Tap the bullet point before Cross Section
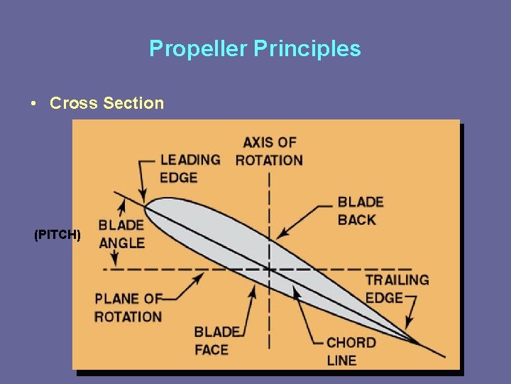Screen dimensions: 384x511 (x=33, y=103)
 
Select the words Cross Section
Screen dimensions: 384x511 (x=106, y=103)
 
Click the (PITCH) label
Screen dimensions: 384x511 (x=57, y=234)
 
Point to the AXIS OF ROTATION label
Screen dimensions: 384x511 (x=269, y=151)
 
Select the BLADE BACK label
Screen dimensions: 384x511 (x=361, y=211)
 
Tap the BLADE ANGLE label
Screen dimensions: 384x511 (x=121, y=234)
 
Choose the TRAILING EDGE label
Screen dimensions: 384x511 (x=397, y=289)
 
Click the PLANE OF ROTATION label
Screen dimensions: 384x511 (x=128, y=307)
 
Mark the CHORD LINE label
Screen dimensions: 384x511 (x=351, y=351)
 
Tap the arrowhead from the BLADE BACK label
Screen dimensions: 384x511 (x=281, y=234)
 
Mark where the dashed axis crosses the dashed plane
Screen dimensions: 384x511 (x=269, y=269)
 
